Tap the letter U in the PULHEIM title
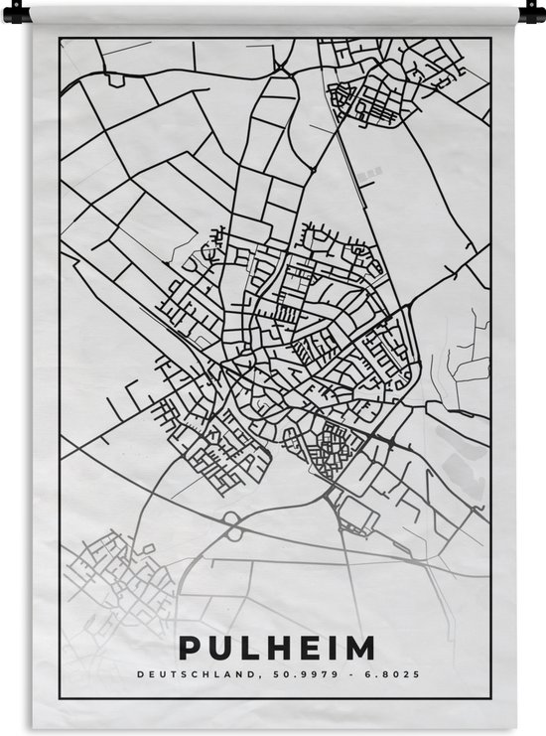pyautogui.click(x=218, y=650)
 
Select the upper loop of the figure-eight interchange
pyautogui.click(x=231, y=518)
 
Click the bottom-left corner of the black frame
pyautogui.click(x=60, y=699)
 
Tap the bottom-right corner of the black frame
pyautogui.click(x=490, y=699)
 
